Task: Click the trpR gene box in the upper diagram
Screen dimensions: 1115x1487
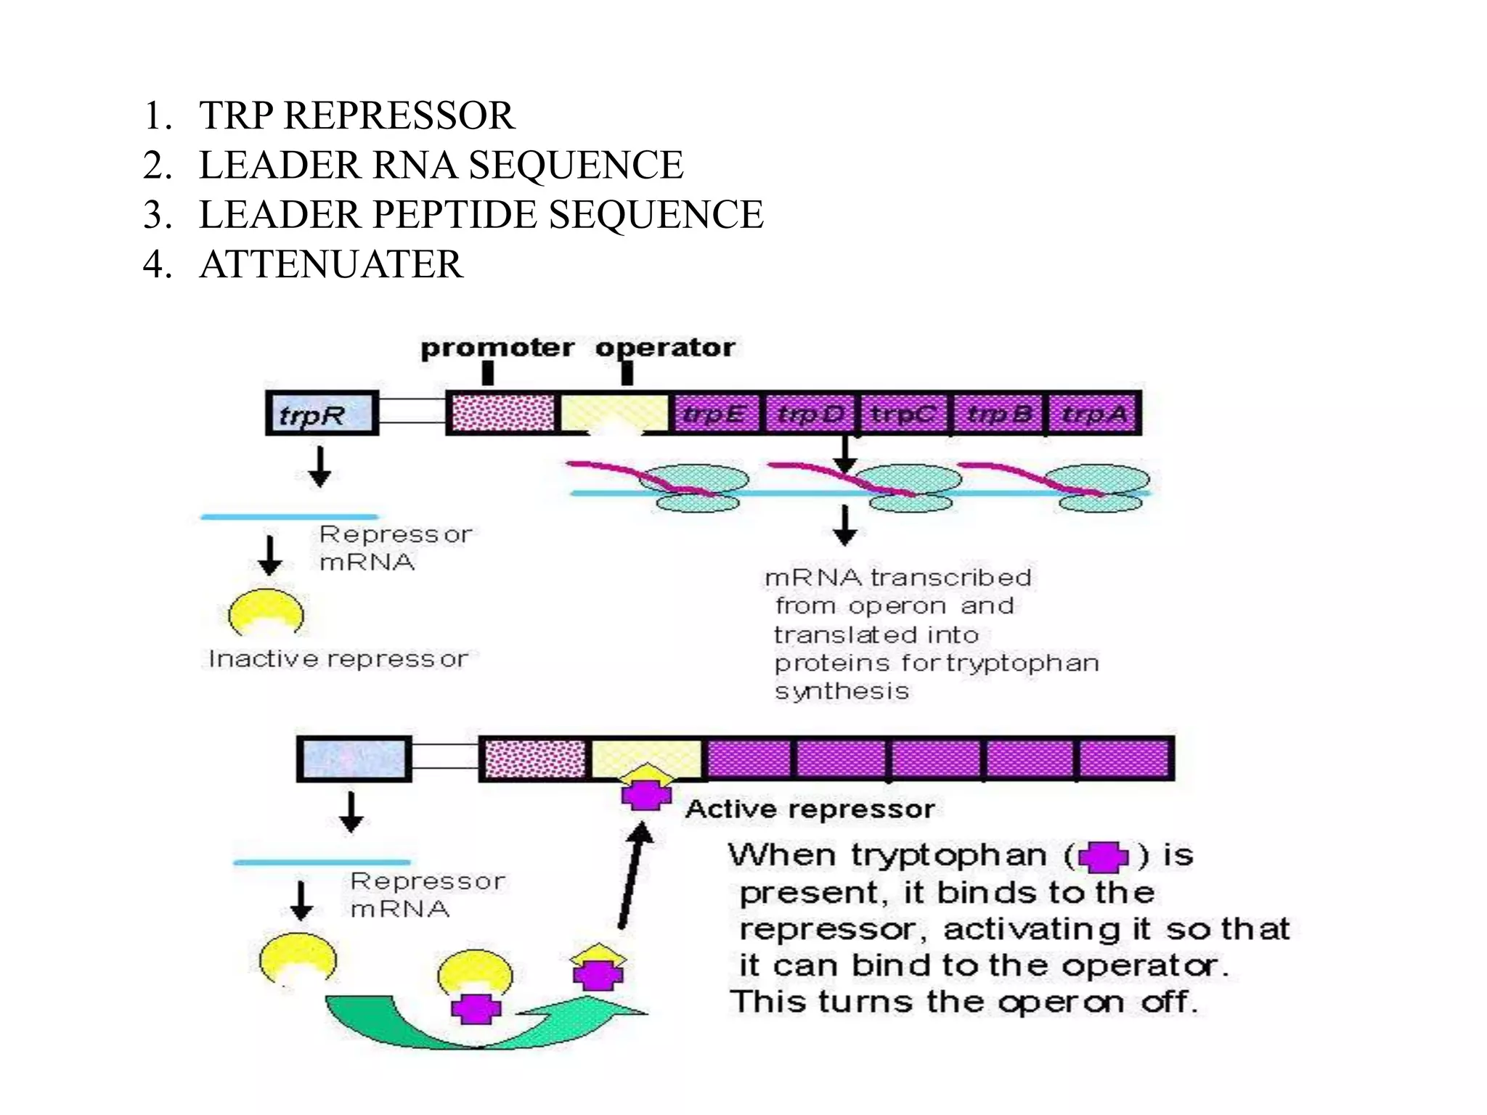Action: point(322,414)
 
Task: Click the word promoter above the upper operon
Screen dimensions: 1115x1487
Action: point(497,348)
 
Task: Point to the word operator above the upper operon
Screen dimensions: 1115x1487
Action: point(665,348)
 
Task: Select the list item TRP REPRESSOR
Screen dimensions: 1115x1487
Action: point(357,116)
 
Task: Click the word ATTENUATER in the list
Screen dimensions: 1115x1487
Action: point(330,264)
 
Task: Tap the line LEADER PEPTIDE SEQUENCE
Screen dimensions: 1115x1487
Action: point(481,215)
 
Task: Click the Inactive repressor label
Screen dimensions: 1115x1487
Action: point(338,659)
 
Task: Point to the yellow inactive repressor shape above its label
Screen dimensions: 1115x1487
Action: point(266,613)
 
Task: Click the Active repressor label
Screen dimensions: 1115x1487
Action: point(809,809)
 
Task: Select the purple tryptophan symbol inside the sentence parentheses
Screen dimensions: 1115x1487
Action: point(1103,857)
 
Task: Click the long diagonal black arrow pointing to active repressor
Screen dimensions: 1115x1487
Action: point(632,875)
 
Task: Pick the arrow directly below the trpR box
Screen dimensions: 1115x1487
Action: point(319,467)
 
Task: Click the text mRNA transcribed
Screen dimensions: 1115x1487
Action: point(897,578)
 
